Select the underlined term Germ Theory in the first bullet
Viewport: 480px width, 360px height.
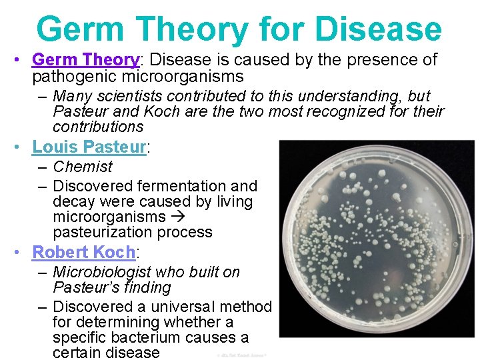point(85,59)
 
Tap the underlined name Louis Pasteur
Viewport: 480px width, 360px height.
point(89,147)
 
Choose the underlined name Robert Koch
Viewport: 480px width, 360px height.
point(83,252)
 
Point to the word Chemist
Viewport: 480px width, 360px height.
point(83,167)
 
